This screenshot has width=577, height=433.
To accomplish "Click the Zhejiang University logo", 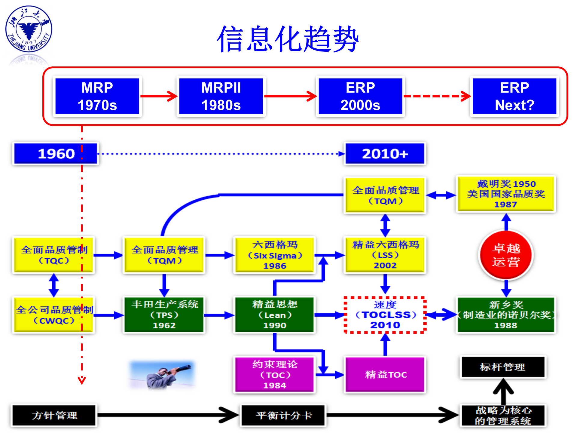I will pos(29,29).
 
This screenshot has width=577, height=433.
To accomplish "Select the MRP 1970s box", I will pos(97,96).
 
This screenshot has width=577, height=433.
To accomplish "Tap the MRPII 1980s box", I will pos(221,96).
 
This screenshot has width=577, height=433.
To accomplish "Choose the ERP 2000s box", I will pos(360,96).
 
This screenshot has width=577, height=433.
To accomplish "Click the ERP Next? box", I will pos(514,96).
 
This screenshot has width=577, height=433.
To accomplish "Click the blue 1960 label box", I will pos(56,154).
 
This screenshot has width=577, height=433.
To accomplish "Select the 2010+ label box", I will pos(385,154).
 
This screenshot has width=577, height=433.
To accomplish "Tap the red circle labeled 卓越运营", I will pos(506,255).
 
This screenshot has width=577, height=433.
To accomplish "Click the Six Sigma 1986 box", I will pos(274,255).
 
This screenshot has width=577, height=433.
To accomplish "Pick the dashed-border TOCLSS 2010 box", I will pos(385,315).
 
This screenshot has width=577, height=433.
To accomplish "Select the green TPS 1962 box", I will pos(164,315).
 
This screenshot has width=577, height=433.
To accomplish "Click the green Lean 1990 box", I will pos(274,315).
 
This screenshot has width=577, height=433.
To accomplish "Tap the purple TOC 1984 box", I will pos(274,375).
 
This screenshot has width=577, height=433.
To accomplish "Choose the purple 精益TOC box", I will pos(385,375).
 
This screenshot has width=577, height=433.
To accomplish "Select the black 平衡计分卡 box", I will pos(283,416).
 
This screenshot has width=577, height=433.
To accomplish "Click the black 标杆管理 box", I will pos(503,367).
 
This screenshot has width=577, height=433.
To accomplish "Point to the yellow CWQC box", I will pos(53,315).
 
